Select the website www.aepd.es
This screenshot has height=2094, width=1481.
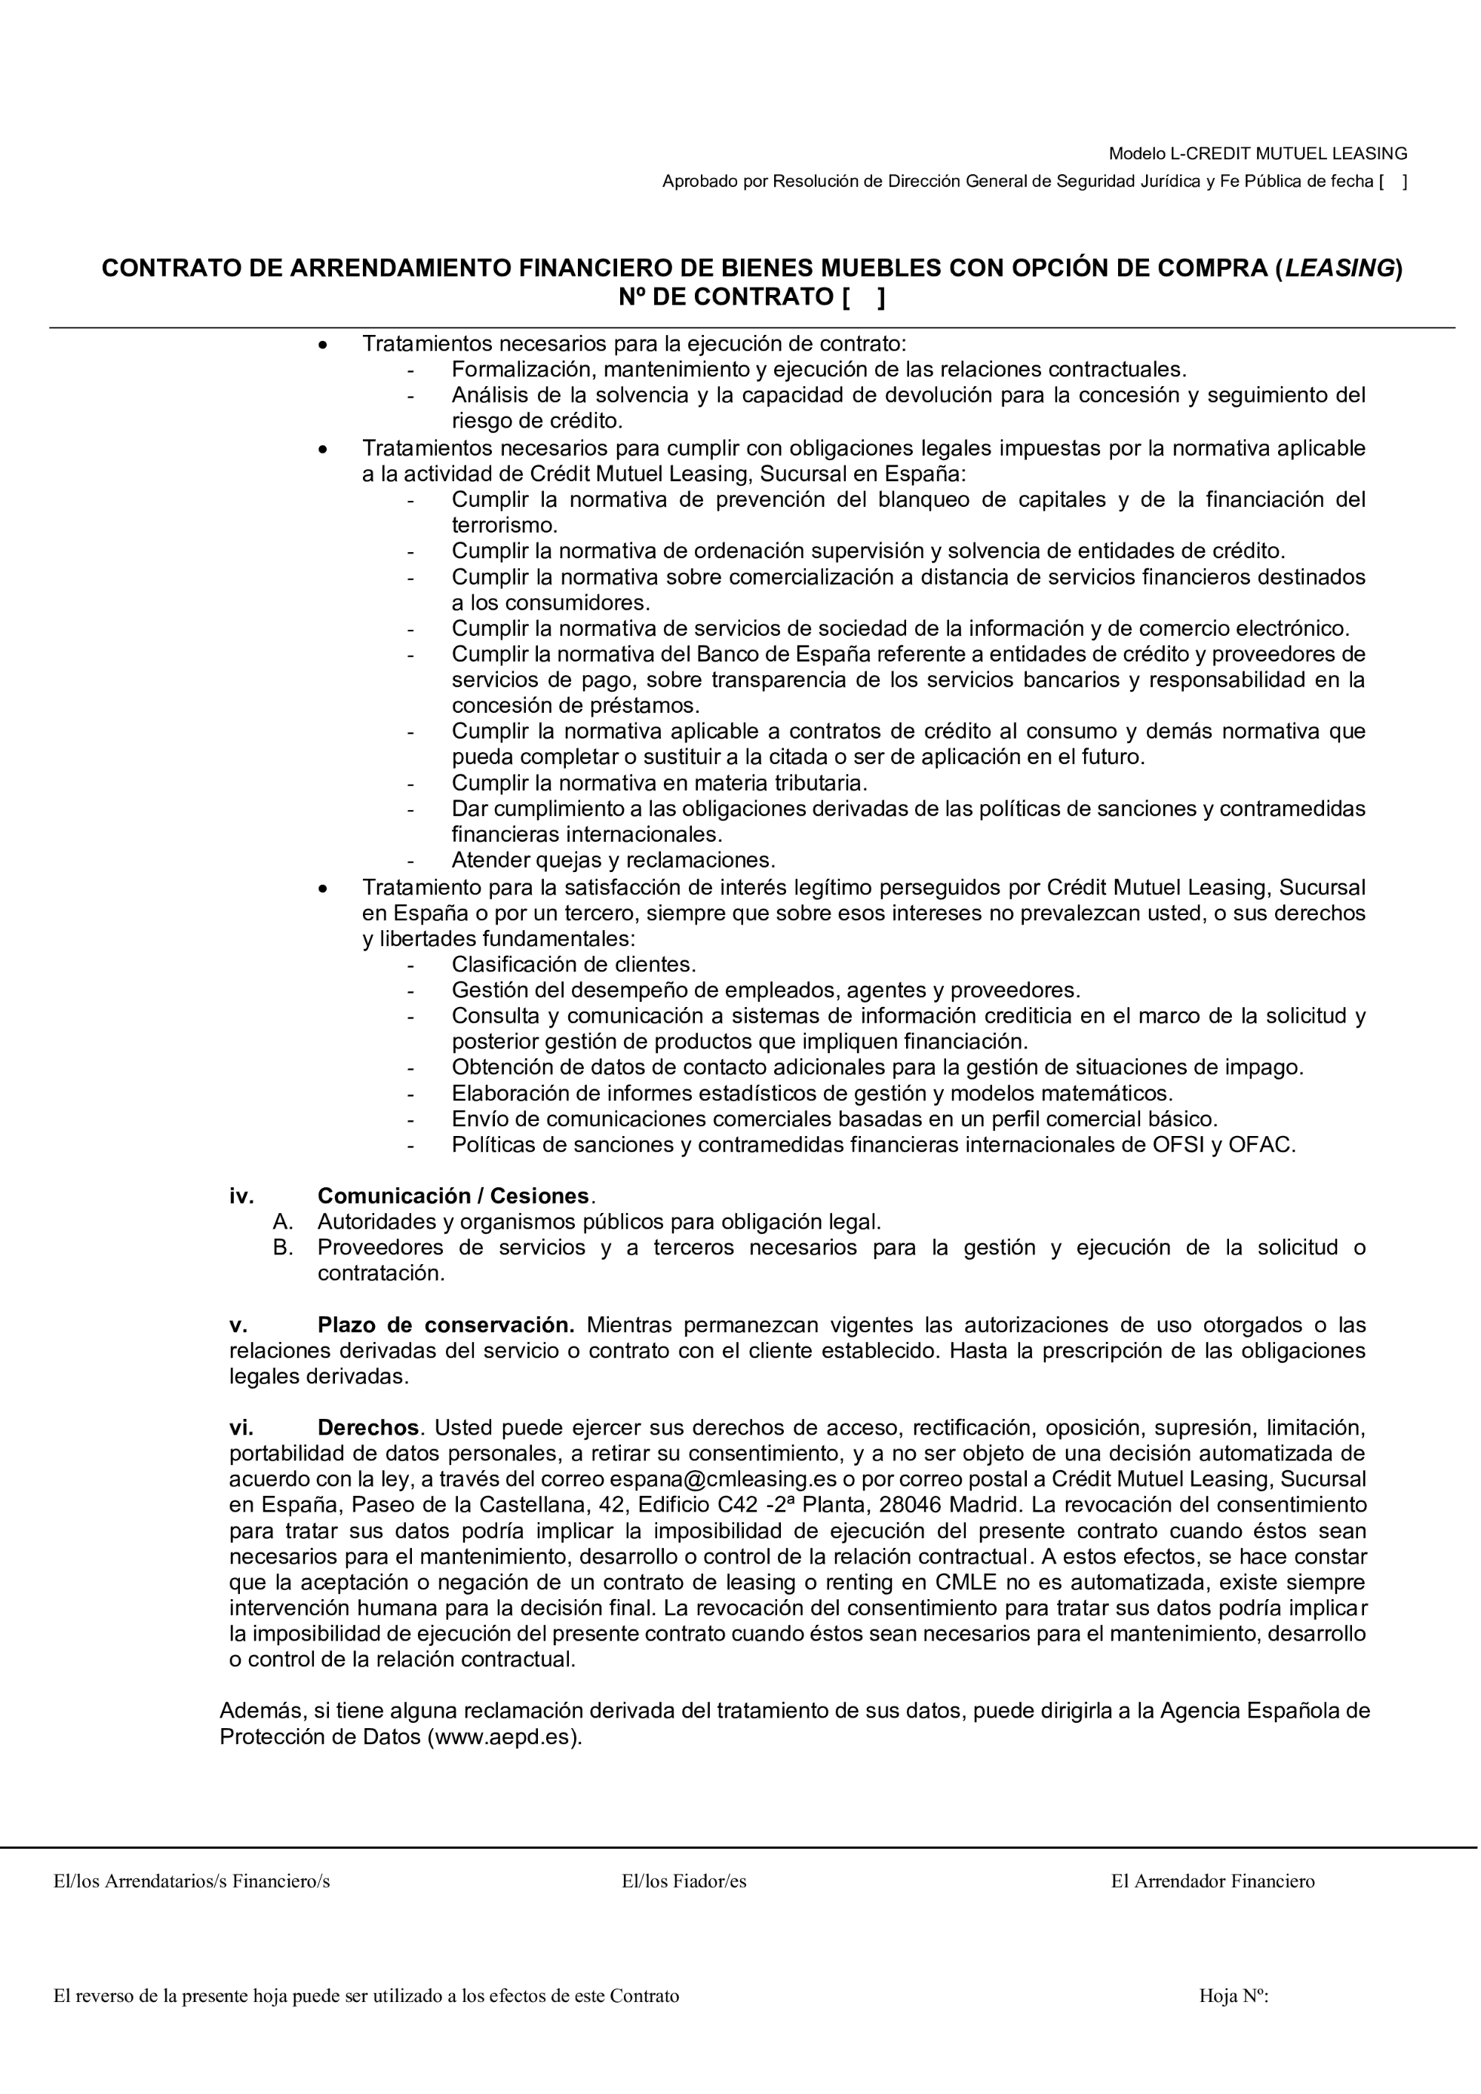click(x=504, y=1736)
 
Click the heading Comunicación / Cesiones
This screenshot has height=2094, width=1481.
click(x=453, y=1196)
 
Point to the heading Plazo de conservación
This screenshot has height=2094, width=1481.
click(x=446, y=1325)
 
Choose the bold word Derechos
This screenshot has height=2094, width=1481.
click(x=368, y=1427)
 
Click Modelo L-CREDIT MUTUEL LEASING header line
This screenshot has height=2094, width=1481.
click(x=1258, y=153)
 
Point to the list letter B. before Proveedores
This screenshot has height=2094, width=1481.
click(x=283, y=1248)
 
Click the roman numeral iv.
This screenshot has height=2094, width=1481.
click(x=241, y=1196)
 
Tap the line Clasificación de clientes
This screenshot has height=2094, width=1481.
click(x=573, y=964)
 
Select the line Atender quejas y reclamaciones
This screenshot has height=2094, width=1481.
click(x=613, y=860)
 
